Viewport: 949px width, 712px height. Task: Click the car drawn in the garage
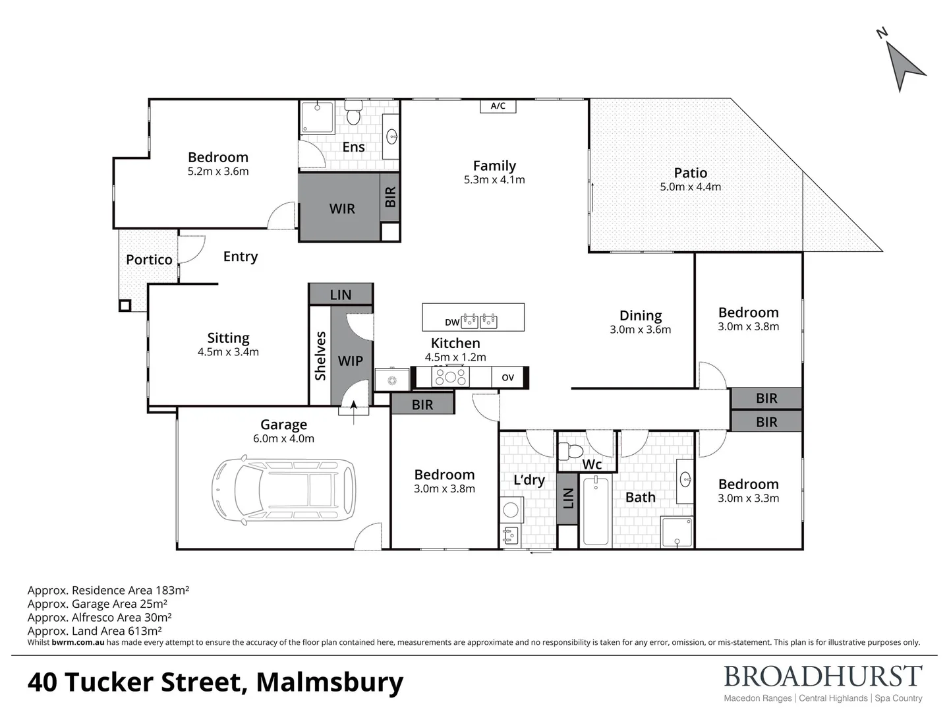[283, 489]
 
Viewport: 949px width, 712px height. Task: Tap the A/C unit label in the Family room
[498, 106]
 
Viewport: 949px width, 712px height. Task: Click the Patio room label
[690, 173]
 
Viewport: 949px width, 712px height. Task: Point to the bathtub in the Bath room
[596, 512]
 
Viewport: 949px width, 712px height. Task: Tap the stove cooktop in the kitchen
[450, 377]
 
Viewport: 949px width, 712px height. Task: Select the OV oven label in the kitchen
[507, 378]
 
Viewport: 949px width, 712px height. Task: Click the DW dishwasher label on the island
[451, 322]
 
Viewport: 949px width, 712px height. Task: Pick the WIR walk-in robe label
[341, 209]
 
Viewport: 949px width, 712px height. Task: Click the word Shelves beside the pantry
[320, 356]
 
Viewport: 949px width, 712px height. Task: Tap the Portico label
[149, 260]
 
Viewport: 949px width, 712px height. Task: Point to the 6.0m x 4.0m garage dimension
[283, 438]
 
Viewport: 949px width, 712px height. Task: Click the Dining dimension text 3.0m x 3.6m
[640, 330]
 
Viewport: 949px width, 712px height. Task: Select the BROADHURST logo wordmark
[822, 677]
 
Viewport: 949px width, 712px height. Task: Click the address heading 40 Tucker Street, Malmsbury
[215, 682]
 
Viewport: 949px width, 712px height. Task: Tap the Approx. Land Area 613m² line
[95, 631]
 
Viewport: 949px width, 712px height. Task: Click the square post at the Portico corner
[125, 305]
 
